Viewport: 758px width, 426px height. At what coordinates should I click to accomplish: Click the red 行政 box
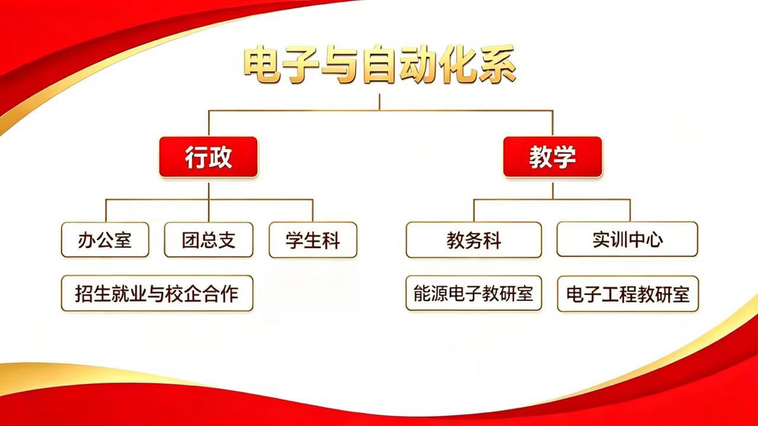click(208, 157)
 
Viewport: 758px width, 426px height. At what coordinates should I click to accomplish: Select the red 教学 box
click(553, 157)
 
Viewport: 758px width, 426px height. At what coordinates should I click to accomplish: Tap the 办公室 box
click(105, 240)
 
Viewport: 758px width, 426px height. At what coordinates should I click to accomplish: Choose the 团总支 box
click(208, 240)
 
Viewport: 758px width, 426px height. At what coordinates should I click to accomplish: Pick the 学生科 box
click(313, 240)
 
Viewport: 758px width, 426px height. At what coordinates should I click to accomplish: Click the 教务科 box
click(474, 240)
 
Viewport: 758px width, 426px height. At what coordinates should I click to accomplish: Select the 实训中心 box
click(627, 239)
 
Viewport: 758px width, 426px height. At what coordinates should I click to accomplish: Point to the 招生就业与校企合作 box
click(157, 293)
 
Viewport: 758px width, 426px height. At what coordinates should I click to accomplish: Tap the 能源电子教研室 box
click(474, 293)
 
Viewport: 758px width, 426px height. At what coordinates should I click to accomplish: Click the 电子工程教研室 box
click(628, 294)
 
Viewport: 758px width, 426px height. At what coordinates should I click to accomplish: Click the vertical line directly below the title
click(380, 102)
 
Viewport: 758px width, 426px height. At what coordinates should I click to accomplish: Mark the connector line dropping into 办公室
click(106, 210)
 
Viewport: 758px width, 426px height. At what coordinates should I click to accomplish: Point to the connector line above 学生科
click(313, 210)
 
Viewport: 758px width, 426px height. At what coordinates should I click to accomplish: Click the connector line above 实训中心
click(630, 210)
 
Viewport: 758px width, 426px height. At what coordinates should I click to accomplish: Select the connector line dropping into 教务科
click(474, 210)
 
